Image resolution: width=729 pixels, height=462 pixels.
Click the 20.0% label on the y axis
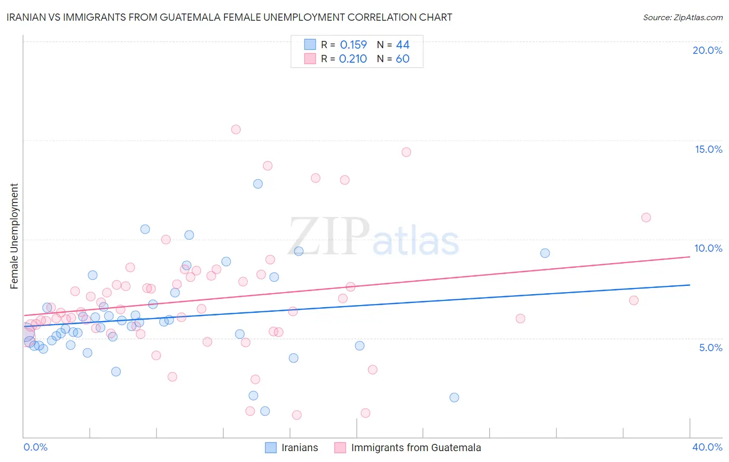pos(707,50)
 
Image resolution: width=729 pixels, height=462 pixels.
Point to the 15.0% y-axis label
pos(708,149)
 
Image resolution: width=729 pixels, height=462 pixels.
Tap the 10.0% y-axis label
pos(708,248)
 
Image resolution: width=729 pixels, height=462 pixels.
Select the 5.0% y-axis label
pos(710,348)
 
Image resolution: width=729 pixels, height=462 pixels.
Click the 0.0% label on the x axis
pos(35,447)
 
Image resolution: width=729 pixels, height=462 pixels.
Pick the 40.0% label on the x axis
pos(707,447)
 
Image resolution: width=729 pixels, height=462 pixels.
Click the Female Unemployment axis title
pos(14,236)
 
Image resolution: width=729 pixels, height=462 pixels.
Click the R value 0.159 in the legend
pos(353,45)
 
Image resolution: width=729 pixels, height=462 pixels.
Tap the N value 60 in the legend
pos(402,59)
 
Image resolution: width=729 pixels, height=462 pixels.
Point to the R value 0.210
pos(353,59)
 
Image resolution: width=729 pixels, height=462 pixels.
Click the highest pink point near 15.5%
pos(236,129)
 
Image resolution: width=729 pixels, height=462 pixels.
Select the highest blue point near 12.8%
pos(258,184)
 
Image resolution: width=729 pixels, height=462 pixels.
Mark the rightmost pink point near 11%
pos(646,218)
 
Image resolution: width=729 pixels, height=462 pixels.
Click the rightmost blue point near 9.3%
pos(545,253)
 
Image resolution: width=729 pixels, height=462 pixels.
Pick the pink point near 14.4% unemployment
pos(406,152)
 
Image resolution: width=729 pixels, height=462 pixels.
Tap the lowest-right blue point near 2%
pos(454,398)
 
